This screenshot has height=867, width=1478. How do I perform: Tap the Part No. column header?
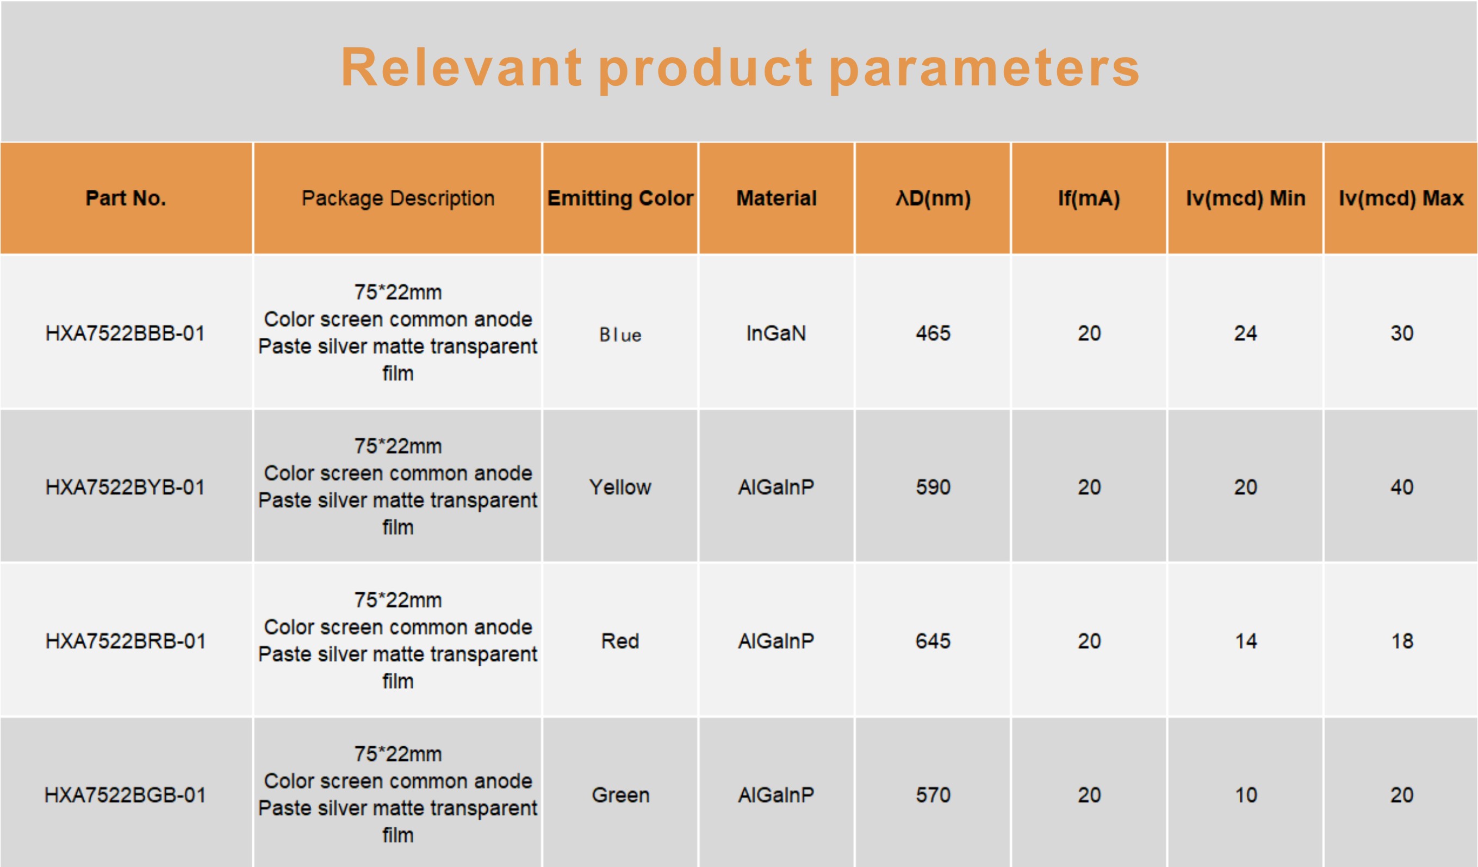126,199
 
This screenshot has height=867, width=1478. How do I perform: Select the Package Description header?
398,199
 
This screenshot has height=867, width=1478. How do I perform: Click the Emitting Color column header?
620,199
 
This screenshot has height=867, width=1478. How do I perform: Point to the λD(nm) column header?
933,199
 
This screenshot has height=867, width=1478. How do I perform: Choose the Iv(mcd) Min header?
1246,199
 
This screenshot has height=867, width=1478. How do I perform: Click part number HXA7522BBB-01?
126,333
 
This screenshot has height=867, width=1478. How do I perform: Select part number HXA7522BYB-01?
126,487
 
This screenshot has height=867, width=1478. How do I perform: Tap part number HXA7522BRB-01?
126,641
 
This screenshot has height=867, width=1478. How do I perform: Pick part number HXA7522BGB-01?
126,795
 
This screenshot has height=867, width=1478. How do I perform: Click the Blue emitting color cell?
620,335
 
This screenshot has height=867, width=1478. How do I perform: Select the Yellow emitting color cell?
620,487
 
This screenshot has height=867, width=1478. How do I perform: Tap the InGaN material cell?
776,333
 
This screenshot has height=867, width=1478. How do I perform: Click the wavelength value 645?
933,641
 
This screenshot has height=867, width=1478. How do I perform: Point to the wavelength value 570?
933,795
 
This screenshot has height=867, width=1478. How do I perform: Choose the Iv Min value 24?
1246,333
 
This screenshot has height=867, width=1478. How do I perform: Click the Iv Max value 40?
1402,487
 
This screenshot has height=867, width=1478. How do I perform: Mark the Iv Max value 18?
1402,641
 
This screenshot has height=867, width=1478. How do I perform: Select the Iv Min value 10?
1246,795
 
